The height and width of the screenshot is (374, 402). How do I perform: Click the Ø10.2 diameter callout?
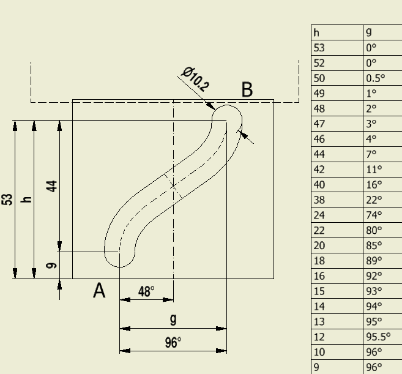click(x=195, y=79)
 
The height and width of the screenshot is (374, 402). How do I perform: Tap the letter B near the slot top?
click(x=247, y=89)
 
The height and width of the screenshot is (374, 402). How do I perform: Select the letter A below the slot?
click(x=99, y=290)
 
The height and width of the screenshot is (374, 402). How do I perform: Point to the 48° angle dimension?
click(x=146, y=291)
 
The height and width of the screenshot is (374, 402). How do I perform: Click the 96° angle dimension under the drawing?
click(x=173, y=342)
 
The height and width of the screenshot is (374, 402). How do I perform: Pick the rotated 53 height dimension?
click(x=7, y=200)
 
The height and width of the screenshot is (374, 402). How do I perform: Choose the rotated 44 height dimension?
click(x=51, y=186)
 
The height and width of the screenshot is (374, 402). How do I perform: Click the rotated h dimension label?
click(x=26, y=200)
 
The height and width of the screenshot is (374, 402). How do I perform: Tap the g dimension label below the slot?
click(x=173, y=320)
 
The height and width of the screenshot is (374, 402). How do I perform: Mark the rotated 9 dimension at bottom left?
click(x=51, y=266)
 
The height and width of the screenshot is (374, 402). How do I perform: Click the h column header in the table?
click(x=316, y=33)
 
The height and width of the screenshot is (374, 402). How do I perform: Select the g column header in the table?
click(x=369, y=32)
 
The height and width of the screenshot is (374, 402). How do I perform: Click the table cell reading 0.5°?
click(x=375, y=78)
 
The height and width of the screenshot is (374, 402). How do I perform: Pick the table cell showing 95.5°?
click(x=378, y=337)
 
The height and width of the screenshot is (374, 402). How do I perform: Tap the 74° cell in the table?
click(x=374, y=215)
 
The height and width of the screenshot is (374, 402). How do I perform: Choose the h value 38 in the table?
click(x=319, y=200)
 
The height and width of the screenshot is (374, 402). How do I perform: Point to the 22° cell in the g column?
click(x=374, y=200)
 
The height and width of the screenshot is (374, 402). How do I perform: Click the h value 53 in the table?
click(x=319, y=48)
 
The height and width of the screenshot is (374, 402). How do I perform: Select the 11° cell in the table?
click(x=374, y=170)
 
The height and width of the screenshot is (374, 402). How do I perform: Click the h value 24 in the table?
click(x=319, y=215)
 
